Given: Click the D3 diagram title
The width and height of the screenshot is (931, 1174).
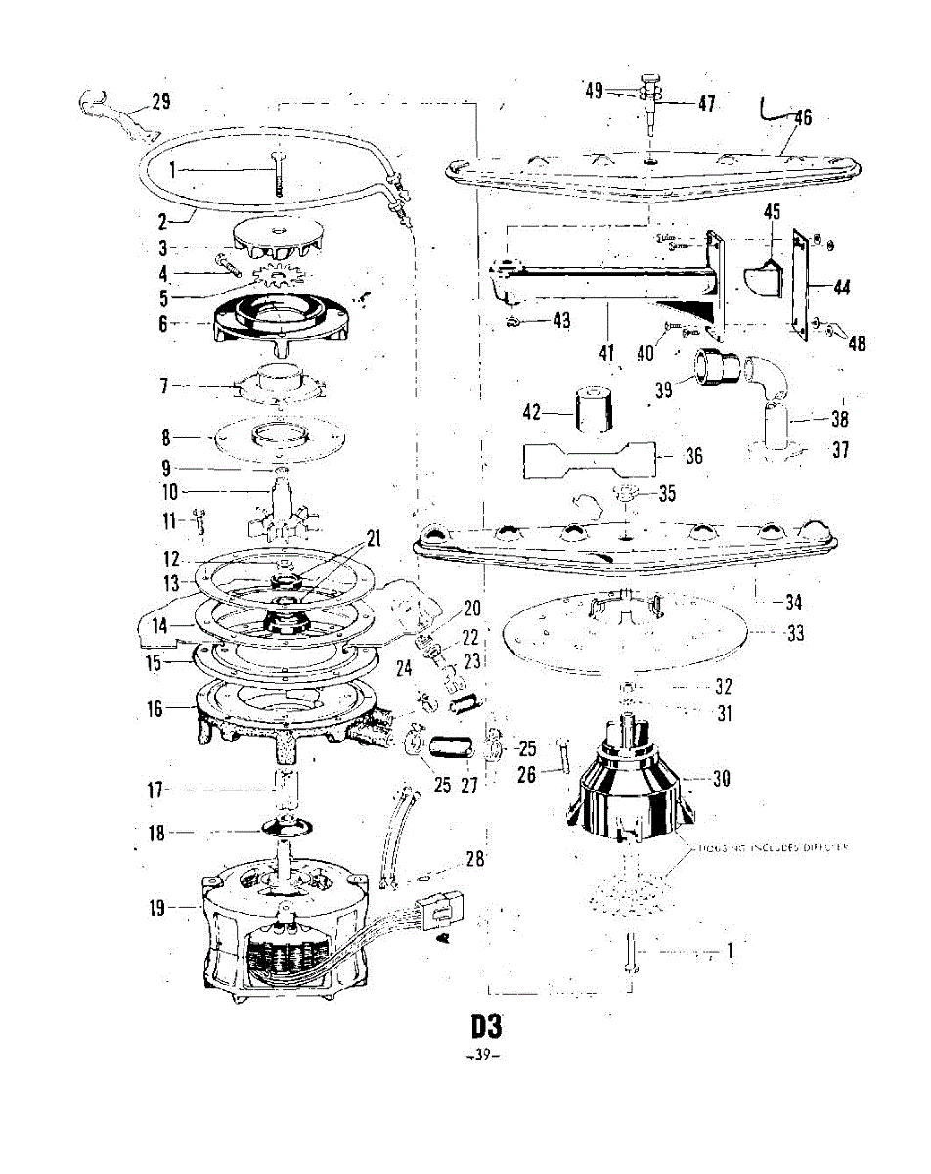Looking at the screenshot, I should (x=486, y=1026).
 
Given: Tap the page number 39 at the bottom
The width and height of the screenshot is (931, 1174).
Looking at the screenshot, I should (x=485, y=1056).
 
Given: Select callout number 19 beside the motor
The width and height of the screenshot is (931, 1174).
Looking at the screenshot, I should (x=161, y=907).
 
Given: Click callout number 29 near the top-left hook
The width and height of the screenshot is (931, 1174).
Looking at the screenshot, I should (x=160, y=101).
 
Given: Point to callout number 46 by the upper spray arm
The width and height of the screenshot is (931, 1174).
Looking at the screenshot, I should (x=801, y=118).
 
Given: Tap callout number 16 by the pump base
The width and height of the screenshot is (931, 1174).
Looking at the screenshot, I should (x=155, y=708).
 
